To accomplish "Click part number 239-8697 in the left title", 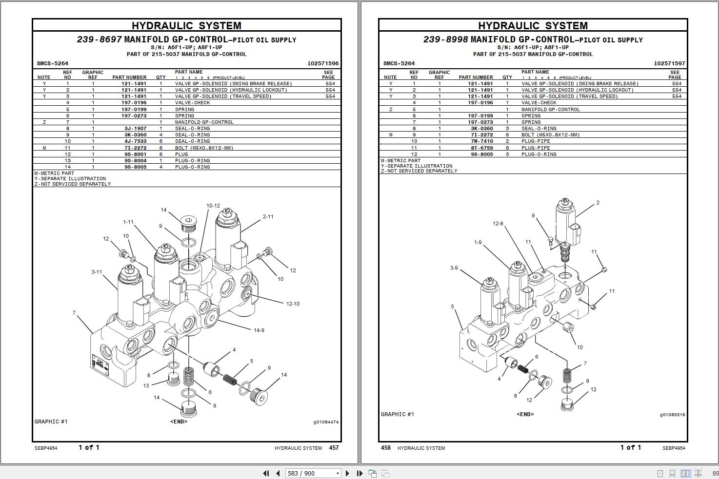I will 99,39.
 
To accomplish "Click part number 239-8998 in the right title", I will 445,39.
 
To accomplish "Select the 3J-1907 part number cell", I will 135,129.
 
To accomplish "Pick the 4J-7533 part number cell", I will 135,141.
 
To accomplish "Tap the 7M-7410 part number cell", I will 481,141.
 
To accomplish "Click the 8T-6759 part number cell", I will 481,148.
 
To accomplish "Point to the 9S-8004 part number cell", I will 135,160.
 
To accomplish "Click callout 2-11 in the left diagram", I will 268,217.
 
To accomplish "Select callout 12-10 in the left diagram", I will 293,304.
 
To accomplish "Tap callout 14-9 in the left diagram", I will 259,330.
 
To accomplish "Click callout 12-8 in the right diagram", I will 498,224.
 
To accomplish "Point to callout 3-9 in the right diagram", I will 454,268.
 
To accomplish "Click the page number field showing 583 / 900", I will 309,473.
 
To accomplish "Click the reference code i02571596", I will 323,63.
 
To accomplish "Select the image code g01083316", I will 672,415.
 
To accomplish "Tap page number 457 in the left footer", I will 334,448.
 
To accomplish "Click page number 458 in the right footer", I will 385,448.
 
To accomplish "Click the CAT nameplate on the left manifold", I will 100,364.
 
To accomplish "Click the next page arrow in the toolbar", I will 347,473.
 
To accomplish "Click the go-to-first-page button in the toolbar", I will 266,473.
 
